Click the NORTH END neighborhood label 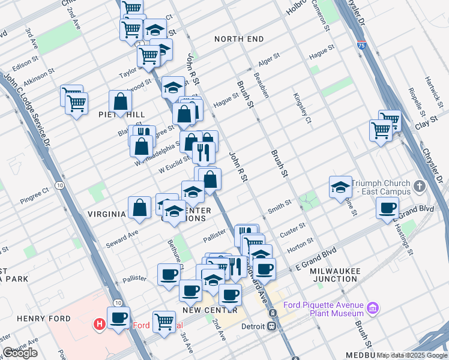[239, 39]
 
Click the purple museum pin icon [373, 308]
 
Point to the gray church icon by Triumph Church [419, 187]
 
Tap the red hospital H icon [100, 325]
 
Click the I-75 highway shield [360, 44]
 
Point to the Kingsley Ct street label [303, 107]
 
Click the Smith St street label [280, 206]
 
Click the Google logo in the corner [20, 353]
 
